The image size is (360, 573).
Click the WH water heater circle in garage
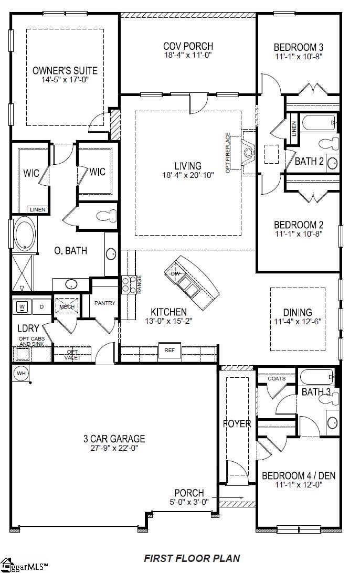[x=21, y=373]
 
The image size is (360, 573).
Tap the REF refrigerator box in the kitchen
[x=170, y=350]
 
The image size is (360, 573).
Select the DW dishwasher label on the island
[x=175, y=273]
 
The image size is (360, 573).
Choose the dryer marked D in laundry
[x=42, y=306]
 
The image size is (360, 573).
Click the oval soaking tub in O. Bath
[x=23, y=234]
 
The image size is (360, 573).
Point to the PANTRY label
[x=104, y=303]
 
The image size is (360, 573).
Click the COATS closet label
[x=277, y=378]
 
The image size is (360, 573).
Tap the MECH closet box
[x=67, y=306]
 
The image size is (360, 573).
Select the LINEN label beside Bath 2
[x=293, y=127]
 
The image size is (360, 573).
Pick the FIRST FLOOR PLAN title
[x=192, y=559]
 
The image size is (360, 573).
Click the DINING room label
[x=297, y=312]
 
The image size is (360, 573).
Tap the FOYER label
[x=237, y=423]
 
